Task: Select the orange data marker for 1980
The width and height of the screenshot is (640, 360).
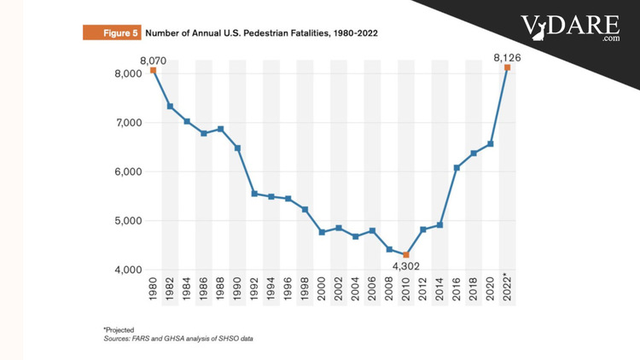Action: (154, 70)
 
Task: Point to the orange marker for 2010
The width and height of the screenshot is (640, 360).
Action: (406, 255)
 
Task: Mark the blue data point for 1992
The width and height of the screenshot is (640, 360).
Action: (254, 194)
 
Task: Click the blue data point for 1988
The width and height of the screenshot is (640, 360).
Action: (221, 129)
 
